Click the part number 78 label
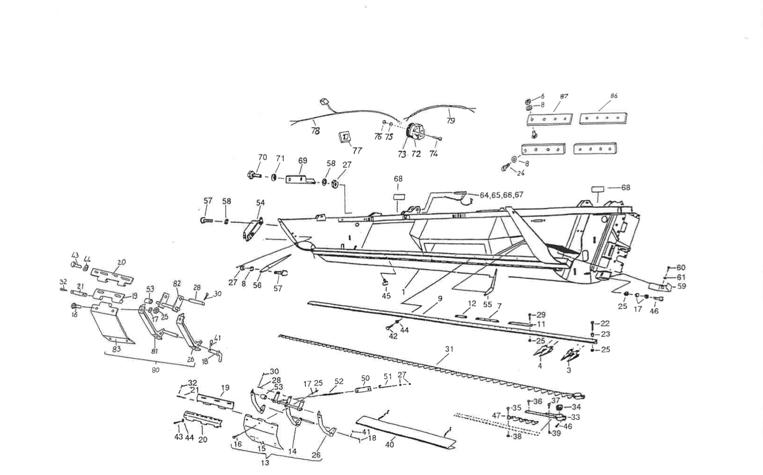click(x=315, y=131)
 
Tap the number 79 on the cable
click(x=451, y=121)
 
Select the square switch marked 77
click(x=345, y=137)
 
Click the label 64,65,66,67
click(x=501, y=195)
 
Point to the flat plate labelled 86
click(x=603, y=118)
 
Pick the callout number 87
click(x=564, y=96)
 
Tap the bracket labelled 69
click(x=301, y=180)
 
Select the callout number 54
click(x=260, y=203)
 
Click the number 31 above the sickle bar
click(x=449, y=349)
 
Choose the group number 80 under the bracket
click(x=155, y=371)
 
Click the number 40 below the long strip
click(x=390, y=444)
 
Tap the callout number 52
click(x=339, y=382)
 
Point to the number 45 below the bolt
click(x=386, y=296)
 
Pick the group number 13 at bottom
click(x=266, y=463)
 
